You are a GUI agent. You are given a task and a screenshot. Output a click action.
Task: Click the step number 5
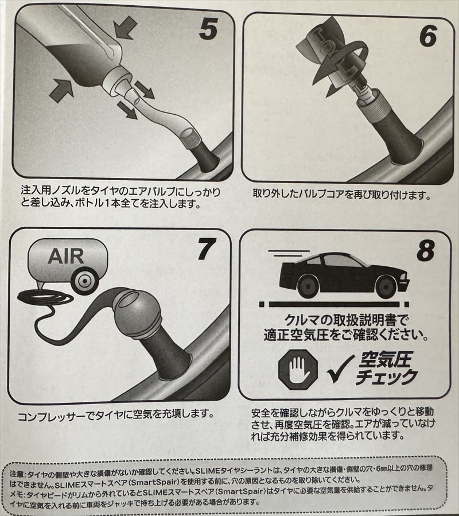point(208,29)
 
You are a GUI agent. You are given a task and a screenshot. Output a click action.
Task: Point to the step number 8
point(426,250)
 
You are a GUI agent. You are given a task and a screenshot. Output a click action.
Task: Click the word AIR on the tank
point(66,257)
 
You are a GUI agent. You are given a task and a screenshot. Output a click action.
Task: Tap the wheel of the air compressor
point(84,281)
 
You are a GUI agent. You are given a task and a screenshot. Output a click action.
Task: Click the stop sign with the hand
point(298,370)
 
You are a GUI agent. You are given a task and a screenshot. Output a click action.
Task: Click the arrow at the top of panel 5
point(126,28)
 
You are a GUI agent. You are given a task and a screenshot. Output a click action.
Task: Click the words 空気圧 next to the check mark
point(386,360)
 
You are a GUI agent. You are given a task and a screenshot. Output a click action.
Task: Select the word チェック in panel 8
point(387,377)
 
